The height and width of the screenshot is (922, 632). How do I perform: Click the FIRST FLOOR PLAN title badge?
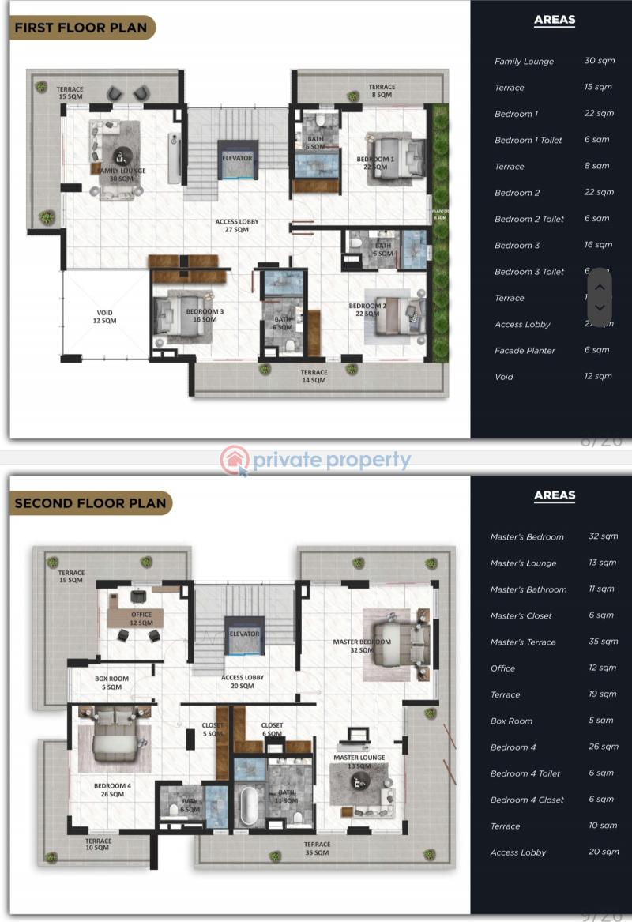click(81, 28)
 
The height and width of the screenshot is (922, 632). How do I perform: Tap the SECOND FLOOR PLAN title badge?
click(90, 502)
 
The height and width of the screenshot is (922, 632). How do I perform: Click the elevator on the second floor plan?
click(244, 634)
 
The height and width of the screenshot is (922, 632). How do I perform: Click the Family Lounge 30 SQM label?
click(121, 175)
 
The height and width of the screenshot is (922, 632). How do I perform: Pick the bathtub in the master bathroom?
click(249, 804)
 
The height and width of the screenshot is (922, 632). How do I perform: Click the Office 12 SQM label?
click(141, 619)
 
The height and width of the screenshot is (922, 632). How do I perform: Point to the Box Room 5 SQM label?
click(111, 683)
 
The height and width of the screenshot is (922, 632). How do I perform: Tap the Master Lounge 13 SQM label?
click(359, 762)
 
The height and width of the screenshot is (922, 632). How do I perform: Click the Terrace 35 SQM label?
click(317, 849)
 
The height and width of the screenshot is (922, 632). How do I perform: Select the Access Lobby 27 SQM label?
click(237, 226)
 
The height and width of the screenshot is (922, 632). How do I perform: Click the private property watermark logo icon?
click(235, 461)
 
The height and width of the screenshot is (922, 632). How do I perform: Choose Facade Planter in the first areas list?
click(525, 350)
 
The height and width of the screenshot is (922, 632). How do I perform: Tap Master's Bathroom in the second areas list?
click(528, 589)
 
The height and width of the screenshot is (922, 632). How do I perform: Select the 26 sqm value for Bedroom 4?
click(604, 747)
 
